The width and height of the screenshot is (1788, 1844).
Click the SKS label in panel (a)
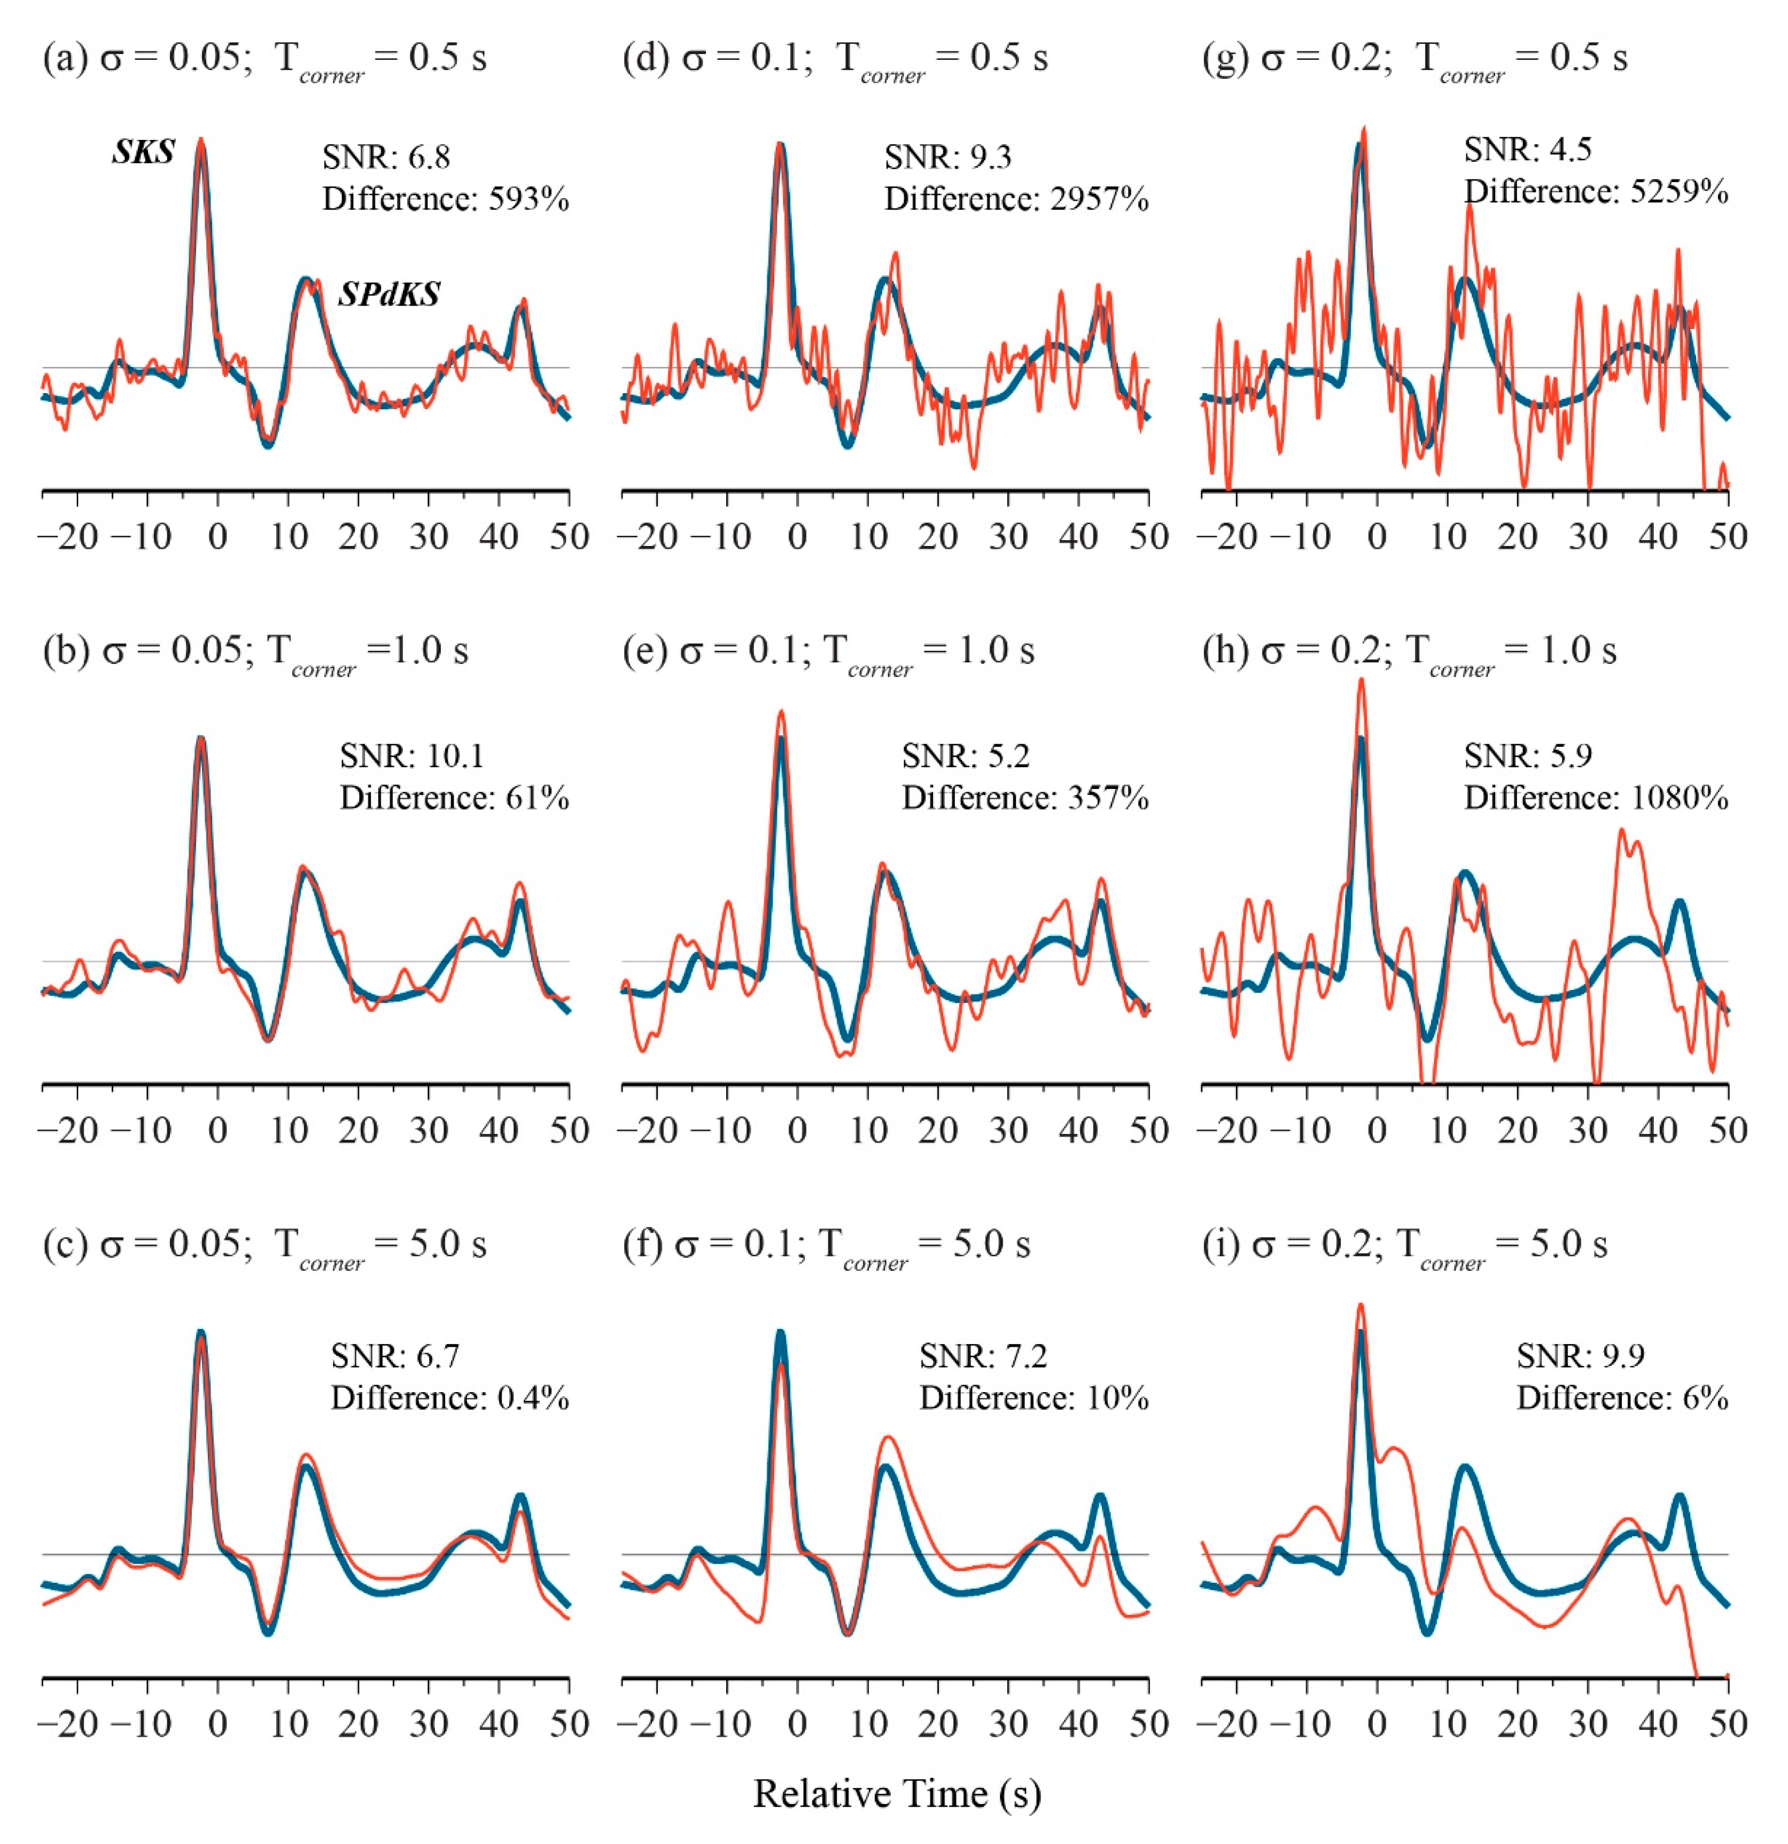pos(143,152)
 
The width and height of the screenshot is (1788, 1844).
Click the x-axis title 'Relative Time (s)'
pos(896,1793)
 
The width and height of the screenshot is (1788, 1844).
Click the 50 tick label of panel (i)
pos(1728,1724)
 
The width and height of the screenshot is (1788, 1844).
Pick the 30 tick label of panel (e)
pos(1008,1130)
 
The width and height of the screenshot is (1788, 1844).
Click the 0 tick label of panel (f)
pos(797,1724)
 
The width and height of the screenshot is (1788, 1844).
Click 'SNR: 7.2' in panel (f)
pos(983,1356)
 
